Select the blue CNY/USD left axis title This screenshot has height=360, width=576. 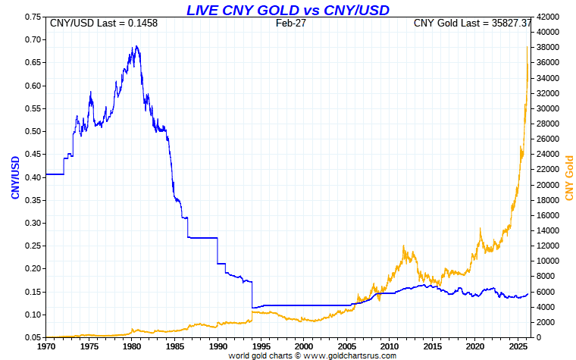14,177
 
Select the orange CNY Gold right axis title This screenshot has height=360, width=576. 569,177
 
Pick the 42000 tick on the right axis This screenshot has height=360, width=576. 547,17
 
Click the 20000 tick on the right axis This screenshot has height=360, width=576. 547,185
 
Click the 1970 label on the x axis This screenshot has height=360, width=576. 45,346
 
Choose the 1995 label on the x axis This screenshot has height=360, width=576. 261,346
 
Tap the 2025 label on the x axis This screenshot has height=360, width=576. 518,346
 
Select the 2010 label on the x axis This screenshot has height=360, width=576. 390,346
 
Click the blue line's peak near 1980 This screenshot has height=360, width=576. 136,46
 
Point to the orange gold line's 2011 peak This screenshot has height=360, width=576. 405,246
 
